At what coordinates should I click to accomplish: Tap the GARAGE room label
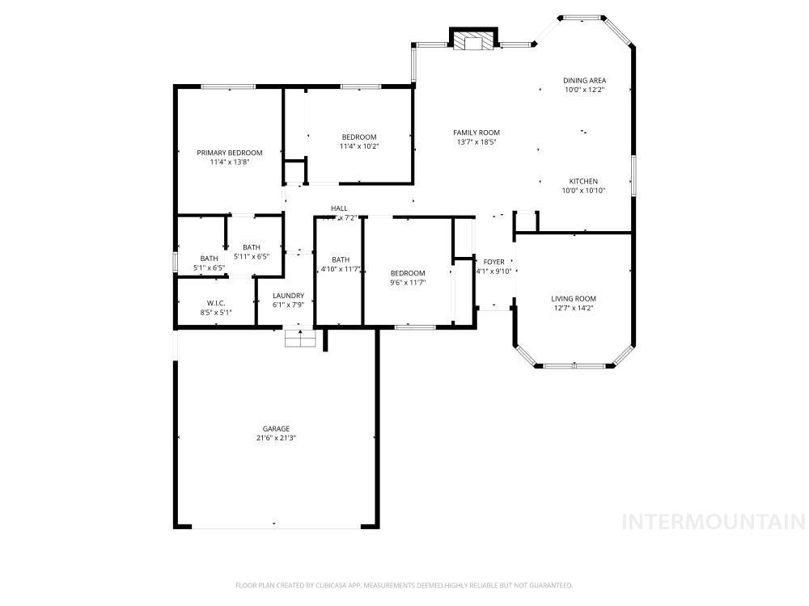point(275,429)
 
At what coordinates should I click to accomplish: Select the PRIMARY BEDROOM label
point(230,153)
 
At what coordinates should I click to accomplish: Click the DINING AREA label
point(584,81)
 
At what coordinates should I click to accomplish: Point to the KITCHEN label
point(583,182)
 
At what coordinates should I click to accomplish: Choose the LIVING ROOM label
point(574,299)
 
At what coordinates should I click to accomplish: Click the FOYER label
point(493,263)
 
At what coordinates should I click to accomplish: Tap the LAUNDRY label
point(288,296)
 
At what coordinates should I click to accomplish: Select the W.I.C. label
point(214,303)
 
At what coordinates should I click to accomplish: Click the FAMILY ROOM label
point(476,133)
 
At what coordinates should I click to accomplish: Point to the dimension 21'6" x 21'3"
point(275,439)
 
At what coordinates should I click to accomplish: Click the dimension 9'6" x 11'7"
point(408,283)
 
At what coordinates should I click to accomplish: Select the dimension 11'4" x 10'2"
point(359,146)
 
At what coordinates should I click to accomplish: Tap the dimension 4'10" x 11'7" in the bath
point(340,269)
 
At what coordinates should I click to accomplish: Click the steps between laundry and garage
point(300,338)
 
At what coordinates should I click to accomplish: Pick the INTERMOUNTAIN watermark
point(713,522)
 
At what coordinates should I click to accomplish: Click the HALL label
point(339,208)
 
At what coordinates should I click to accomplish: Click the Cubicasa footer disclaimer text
point(404,585)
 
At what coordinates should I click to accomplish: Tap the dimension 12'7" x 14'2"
point(574,308)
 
